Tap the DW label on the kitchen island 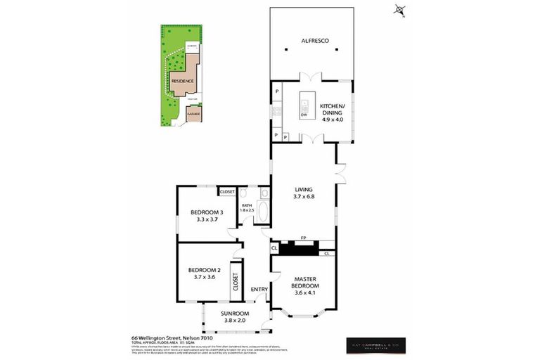(x=304, y=115)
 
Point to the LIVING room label (x=304, y=188)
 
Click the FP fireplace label (x=304, y=239)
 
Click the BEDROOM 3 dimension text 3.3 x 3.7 (x=207, y=220)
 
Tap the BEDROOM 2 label (x=205, y=270)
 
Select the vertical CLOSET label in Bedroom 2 (x=236, y=276)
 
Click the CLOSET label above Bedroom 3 (x=227, y=191)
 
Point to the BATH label (x=246, y=205)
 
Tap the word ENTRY (x=259, y=290)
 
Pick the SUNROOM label (x=235, y=314)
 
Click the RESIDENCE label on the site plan (x=182, y=81)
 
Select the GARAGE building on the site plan (x=193, y=113)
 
